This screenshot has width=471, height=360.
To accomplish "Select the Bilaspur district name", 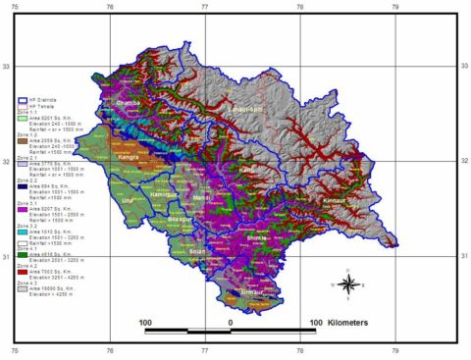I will coord(179,221).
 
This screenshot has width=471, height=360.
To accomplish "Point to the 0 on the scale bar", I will coord(230,321).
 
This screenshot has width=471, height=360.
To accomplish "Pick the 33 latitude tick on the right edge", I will coord(460,66).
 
